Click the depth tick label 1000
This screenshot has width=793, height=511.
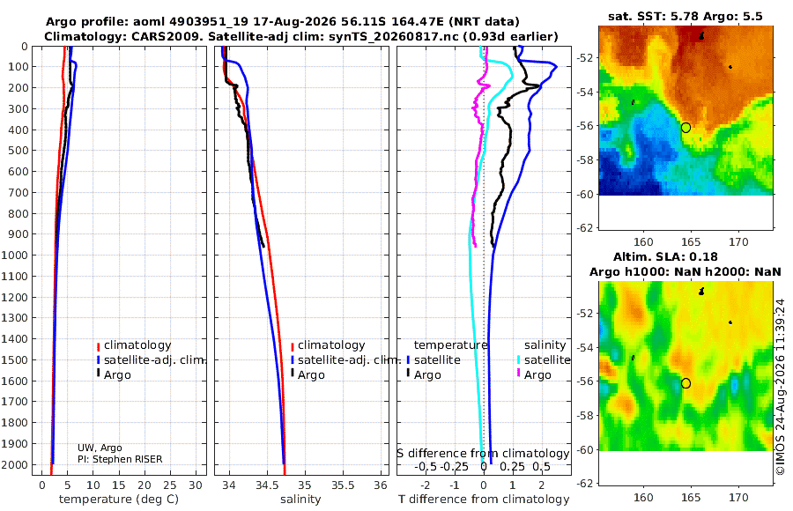click(x=14, y=255)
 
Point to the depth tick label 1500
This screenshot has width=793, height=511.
click(x=14, y=359)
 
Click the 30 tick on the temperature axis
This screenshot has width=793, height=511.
click(x=196, y=485)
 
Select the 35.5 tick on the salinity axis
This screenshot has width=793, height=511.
click(x=343, y=485)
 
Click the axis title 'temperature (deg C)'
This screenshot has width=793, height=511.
click(x=119, y=500)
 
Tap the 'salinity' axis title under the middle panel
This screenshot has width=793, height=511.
click(x=300, y=500)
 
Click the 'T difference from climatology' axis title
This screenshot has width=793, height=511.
click(x=484, y=500)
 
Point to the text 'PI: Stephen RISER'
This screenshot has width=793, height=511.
click(x=120, y=459)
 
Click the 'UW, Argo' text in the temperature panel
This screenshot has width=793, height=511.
click(x=100, y=448)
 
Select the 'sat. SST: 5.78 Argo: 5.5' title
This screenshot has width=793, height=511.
click(x=686, y=16)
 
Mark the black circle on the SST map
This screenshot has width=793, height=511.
click(x=686, y=128)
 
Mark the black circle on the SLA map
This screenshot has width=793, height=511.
click(x=686, y=383)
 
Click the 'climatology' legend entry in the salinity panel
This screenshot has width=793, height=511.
click(x=331, y=345)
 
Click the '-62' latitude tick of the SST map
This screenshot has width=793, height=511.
click(x=584, y=227)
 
